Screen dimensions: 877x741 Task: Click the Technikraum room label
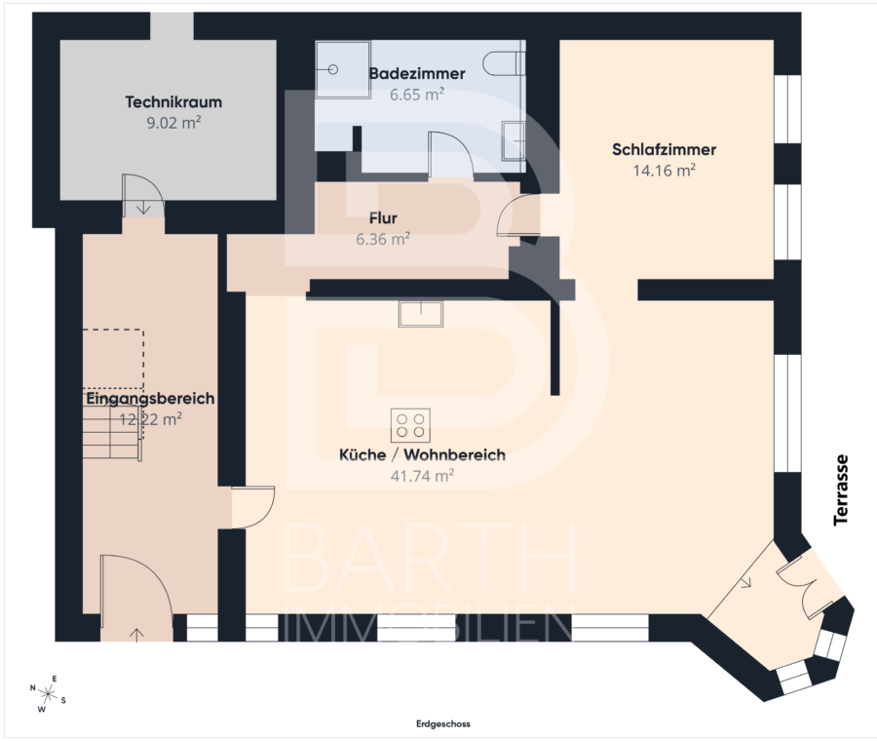(x=173, y=101)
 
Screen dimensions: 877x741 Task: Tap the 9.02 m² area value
(x=173, y=123)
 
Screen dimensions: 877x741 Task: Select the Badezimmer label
(x=417, y=73)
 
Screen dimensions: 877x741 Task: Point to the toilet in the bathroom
(x=504, y=63)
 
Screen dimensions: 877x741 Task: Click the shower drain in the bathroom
(x=333, y=69)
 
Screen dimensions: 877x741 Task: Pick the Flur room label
(x=383, y=217)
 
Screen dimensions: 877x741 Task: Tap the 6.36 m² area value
(x=383, y=239)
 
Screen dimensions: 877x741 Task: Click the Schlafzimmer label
(x=664, y=149)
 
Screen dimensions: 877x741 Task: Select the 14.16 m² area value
(x=664, y=171)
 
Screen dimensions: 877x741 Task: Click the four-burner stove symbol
(x=410, y=425)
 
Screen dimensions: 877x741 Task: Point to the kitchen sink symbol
(x=421, y=313)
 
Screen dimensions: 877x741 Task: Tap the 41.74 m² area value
(x=422, y=476)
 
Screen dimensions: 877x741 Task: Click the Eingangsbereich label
(x=150, y=399)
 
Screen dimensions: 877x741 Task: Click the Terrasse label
(x=841, y=490)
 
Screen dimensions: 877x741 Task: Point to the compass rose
(x=49, y=694)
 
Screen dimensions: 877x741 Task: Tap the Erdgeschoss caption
(x=443, y=723)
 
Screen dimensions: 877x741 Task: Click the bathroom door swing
(x=451, y=155)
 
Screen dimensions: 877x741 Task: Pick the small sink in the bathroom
(x=514, y=140)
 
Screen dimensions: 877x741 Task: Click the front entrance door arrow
(x=136, y=634)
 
